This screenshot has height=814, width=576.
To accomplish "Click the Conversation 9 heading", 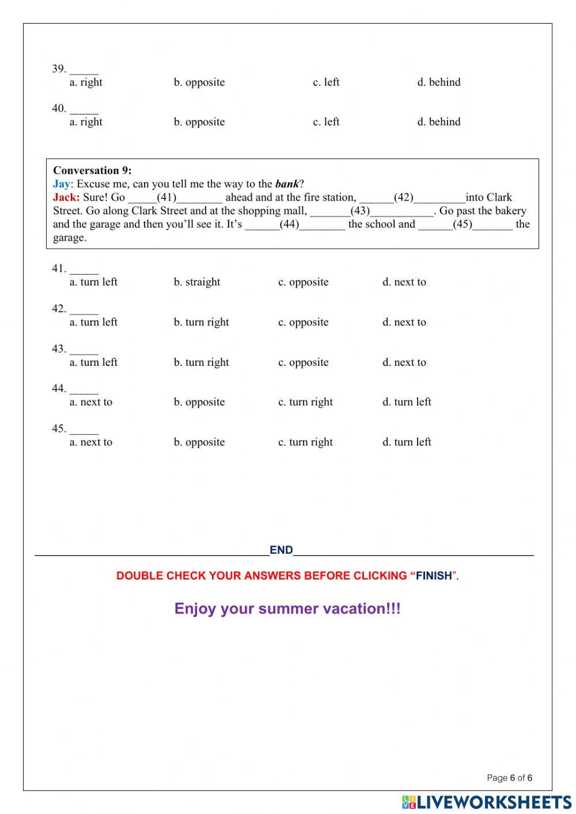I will pyautogui.click(x=92, y=171).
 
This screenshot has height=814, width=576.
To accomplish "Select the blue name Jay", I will pyautogui.click(x=61, y=184).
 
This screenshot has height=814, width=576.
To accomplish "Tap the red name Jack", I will pyautogui.click(x=66, y=198).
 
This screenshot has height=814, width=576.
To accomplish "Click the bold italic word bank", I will pyautogui.click(x=287, y=184).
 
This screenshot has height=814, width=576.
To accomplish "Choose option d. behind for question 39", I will pyautogui.click(x=438, y=82).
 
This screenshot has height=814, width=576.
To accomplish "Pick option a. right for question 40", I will pyautogui.click(x=86, y=122).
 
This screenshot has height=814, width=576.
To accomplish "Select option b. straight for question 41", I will pyautogui.click(x=197, y=282).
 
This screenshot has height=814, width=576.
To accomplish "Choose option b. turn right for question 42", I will pyautogui.click(x=201, y=323).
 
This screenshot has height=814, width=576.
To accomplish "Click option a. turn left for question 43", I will pyautogui.click(x=93, y=362).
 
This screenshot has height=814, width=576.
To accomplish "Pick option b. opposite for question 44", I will pyautogui.click(x=199, y=402).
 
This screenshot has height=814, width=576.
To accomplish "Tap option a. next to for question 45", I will pyautogui.click(x=91, y=442).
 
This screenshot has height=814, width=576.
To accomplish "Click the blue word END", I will pyautogui.click(x=281, y=550).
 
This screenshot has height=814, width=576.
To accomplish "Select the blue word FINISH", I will pyautogui.click(x=434, y=576).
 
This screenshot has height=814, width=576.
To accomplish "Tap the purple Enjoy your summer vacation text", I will pyautogui.click(x=287, y=609).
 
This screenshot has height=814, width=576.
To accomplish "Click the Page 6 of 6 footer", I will pyautogui.click(x=509, y=778).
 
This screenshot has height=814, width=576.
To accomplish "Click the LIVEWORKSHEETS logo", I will pyautogui.click(x=487, y=802).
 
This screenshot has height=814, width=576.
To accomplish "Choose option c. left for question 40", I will pyautogui.click(x=326, y=122).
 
